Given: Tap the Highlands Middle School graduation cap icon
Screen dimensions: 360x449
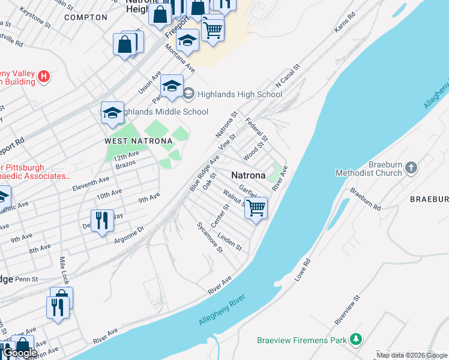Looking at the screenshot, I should click(112, 113).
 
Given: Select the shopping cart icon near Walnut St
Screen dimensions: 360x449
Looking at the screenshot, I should click(256, 208).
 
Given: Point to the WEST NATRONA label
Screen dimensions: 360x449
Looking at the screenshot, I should click(139, 141).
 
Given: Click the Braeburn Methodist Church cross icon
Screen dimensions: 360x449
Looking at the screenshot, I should click(411, 167).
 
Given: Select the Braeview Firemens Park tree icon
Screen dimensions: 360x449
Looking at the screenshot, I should click(357, 340).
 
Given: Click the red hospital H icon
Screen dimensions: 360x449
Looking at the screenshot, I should click(43, 76).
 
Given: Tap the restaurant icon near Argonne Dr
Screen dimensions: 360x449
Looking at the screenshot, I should click(102, 220).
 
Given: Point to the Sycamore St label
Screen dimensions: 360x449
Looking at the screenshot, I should click(210, 238).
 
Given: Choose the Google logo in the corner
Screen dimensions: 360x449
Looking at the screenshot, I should click(20, 353).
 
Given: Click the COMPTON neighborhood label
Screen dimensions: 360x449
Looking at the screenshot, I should click(85, 17).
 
